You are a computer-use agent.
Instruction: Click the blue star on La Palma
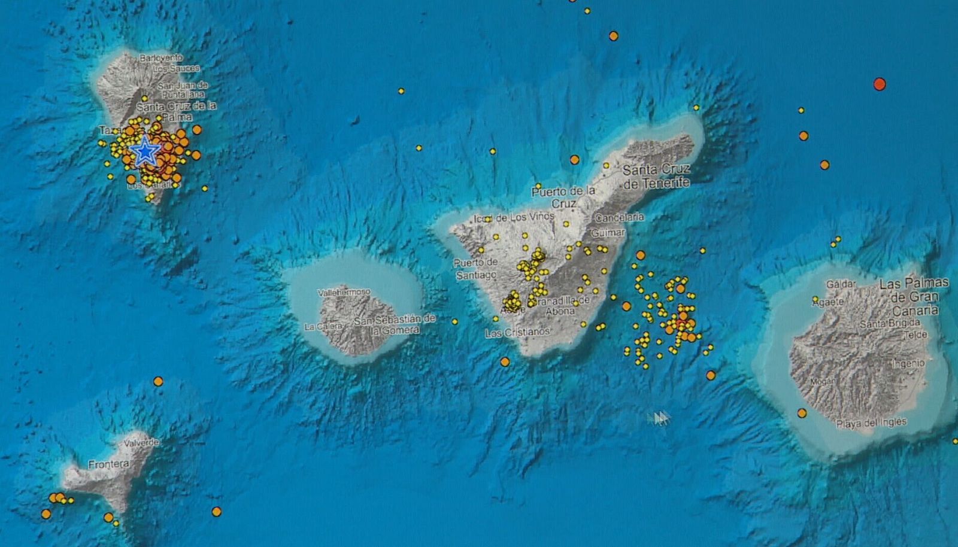(x=145, y=151)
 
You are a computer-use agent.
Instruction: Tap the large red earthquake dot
(x=879, y=84)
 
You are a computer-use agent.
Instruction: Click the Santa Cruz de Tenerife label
(x=656, y=177)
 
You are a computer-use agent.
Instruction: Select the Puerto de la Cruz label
(x=563, y=197)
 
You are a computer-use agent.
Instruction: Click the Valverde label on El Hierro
(x=141, y=443)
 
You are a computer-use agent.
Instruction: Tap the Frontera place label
(x=108, y=464)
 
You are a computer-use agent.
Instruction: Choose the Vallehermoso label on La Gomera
(x=344, y=293)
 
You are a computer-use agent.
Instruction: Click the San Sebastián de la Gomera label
(x=395, y=324)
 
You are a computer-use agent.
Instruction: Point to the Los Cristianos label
(x=517, y=333)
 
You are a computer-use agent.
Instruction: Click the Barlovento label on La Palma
(x=161, y=58)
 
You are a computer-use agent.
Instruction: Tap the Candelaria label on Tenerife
(x=620, y=217)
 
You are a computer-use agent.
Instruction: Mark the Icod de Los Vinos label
(x=514, y=218)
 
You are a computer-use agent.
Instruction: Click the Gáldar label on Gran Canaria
(x=841, y=284)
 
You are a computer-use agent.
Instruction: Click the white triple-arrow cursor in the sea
(x=659, y=418)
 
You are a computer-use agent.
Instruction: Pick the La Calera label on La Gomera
(x=323, y=327)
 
